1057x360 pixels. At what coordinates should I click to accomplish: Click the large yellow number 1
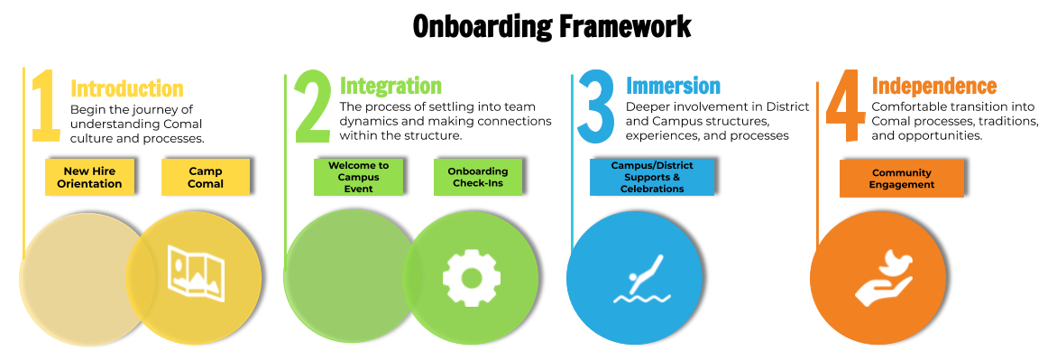point(46,106)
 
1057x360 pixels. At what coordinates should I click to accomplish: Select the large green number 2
point(312,106)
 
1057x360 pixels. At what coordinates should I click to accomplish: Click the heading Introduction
point(127,88)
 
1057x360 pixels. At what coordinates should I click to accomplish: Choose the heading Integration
point(391,86)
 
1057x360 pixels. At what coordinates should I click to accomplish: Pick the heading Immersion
point(673,86)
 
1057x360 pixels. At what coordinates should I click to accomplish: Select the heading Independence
point(934,87)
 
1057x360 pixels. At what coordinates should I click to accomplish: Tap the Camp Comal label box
point(206,178)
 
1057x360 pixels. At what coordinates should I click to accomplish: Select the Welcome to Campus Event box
point(358,177)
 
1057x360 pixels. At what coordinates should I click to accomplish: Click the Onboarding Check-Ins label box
point(478,178)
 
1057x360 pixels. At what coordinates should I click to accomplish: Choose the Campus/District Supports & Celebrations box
point(651,177)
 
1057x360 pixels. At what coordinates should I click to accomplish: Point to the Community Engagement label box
point(901,179)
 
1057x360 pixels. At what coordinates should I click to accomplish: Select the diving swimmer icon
point(642,279)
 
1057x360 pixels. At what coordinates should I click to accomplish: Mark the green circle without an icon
point(344,276)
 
